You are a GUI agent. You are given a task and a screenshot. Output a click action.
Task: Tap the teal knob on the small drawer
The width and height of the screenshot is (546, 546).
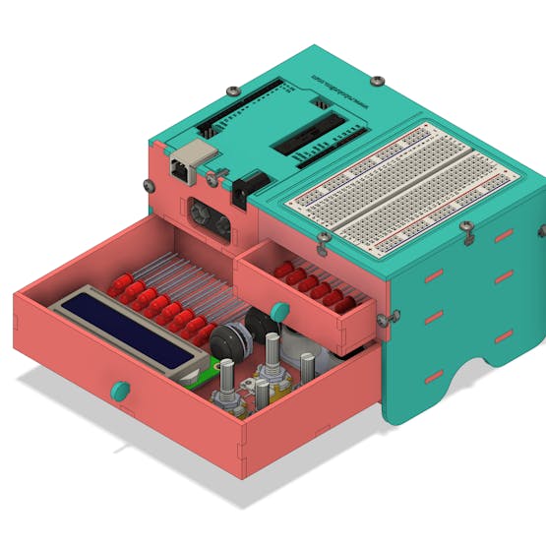click(x=279, y=312)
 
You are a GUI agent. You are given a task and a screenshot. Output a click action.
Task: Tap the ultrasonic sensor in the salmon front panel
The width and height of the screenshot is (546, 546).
click(x=208, y=216)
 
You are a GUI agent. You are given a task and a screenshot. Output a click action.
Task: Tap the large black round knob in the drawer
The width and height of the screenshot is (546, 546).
click(x=227, y=341)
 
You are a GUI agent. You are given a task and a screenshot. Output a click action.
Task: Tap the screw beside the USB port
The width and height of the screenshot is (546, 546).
click(x=212, y=178)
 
